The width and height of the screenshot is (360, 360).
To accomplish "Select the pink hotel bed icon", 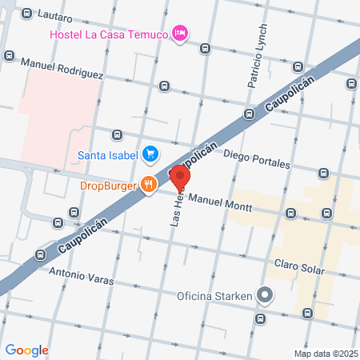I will tap(181, 33).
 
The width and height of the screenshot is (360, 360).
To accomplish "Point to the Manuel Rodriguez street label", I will tap(62, 68).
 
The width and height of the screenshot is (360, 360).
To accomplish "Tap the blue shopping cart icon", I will tap(149, 153).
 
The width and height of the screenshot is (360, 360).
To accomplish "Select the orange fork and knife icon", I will tap(148, 185).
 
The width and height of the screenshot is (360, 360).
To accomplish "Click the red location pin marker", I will tap(180, 177).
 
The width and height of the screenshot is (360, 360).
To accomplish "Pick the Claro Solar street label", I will tap(298, 266).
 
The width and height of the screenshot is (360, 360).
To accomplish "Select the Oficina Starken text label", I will tap(213, 297).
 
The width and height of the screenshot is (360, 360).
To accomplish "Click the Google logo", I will tap(26, 350).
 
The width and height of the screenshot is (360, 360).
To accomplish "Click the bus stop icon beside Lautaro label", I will tap(27, 14).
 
